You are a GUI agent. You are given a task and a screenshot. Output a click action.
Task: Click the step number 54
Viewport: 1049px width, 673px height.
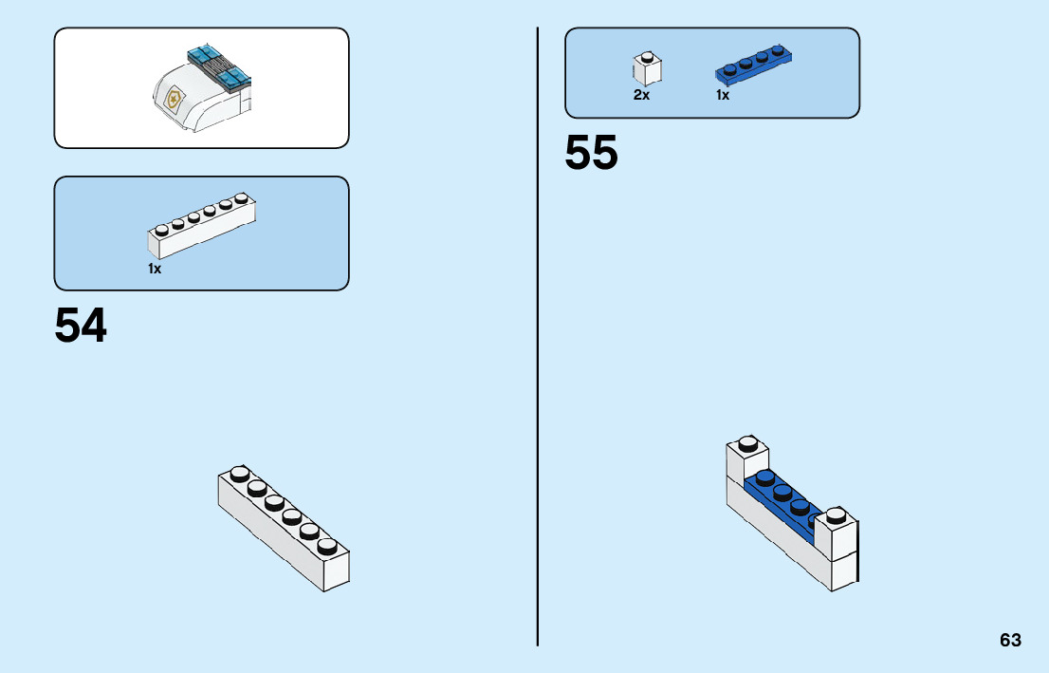(81, 326)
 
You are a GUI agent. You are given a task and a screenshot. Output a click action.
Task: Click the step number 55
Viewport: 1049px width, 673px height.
(591, 153)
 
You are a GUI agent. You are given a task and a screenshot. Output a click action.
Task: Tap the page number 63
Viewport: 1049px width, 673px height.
(1010, 640)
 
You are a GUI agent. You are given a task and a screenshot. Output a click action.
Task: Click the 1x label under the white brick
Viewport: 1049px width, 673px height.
(155, 269)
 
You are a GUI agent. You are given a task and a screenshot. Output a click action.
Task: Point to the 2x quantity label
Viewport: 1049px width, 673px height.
(641, 95)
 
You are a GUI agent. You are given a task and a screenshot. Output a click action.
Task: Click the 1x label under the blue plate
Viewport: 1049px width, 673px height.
(723, 95)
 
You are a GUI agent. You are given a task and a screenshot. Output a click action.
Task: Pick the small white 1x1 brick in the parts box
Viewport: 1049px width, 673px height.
(647, 69)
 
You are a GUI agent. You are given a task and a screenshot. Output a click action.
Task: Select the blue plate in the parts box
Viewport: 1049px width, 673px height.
(753, 63)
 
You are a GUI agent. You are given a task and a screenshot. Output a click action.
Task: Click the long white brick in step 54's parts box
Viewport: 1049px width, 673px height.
(201, 228)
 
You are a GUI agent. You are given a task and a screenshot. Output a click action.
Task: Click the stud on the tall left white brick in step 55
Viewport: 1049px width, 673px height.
(748, 442)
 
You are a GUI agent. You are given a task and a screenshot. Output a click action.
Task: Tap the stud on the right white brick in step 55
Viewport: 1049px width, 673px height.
(835, 516)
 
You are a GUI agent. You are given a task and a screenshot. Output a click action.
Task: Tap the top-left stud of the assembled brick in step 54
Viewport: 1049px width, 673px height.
(240, 473)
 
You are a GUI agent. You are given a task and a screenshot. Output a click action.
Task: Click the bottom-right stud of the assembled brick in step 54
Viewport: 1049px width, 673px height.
(327, 546)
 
